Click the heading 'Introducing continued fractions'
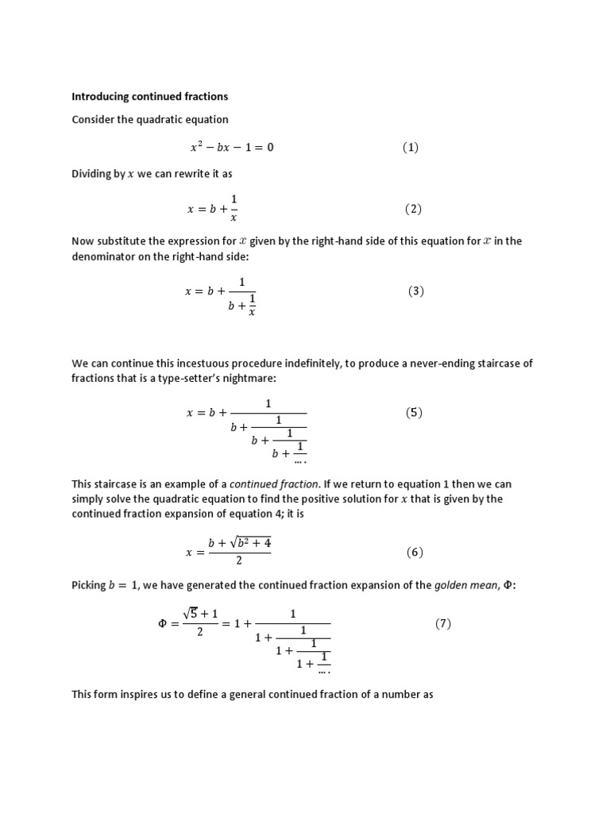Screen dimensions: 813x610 tap(149, 97)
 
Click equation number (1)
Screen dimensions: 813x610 tap(410, 148)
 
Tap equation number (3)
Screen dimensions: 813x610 tap(416, 291)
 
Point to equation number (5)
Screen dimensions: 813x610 tap(414, 413)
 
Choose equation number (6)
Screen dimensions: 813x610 tap(415, 553)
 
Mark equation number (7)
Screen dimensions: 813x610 tap(442, 624)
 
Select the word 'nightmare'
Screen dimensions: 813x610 tap(249, 379)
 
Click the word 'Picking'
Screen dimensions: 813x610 tap(88, 585)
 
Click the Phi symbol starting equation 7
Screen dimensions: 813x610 tap(164, 624)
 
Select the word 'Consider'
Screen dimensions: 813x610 tap(93, 120)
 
